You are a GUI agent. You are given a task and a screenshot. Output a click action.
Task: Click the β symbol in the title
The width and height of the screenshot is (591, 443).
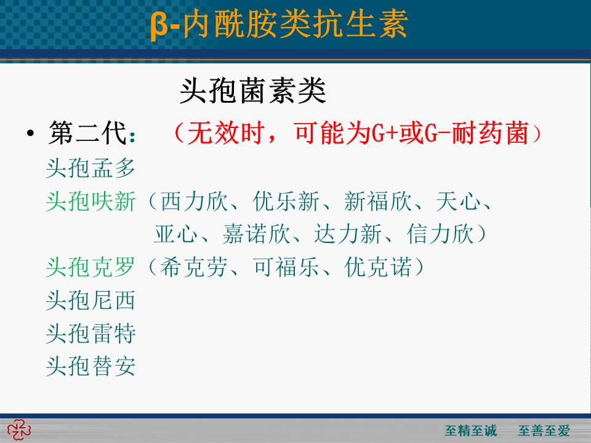(159, 26)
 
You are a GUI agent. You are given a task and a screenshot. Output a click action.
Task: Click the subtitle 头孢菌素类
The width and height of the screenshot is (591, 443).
(252, 91)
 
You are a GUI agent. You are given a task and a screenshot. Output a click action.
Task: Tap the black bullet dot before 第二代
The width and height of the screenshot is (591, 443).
(30, 133)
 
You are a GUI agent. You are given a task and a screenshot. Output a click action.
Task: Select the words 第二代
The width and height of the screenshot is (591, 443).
(87, 133)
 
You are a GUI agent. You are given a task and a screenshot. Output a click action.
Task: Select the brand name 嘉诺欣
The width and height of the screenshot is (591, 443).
(256, 234)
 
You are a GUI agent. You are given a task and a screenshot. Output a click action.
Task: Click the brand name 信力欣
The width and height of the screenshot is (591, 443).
(440, 234)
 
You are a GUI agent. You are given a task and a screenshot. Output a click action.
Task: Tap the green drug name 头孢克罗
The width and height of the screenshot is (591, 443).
(90, 267)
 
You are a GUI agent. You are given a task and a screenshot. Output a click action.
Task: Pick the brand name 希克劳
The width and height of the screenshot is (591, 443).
(194, 267)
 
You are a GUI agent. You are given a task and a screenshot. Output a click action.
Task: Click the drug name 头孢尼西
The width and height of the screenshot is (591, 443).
(90, 300)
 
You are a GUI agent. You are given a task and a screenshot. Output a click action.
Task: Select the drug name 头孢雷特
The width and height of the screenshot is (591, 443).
(90, 333)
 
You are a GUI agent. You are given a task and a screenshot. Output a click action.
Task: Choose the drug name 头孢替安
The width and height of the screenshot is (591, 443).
(90, 366)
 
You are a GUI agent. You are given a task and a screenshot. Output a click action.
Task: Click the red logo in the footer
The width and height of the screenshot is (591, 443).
(19, 430)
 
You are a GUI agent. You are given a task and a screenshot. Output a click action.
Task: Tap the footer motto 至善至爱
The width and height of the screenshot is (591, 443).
(544, 431)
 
